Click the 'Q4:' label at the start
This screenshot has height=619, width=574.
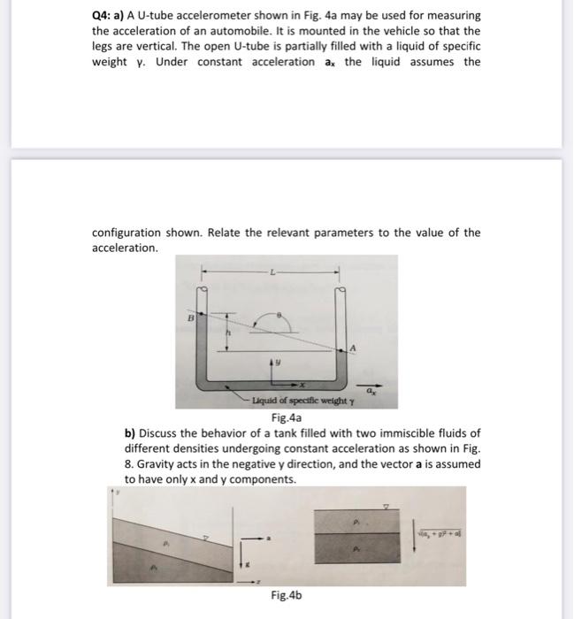(x=103, y=16)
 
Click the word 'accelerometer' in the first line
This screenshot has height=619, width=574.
(x=188, y=16)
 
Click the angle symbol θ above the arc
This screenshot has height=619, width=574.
(x=280, y=313)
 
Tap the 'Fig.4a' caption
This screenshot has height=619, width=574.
(x=287, y=417)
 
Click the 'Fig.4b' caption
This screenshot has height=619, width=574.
(x=287, y=595)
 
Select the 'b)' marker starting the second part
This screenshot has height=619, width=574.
(x=130, y=433)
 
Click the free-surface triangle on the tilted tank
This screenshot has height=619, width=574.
(x=203, y=538)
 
